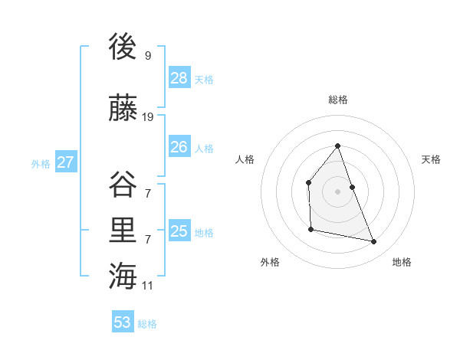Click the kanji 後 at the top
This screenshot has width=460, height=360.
pyautogui.click(x=123, y=47)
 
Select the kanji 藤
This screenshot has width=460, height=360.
pyautogui.click(x=123, y=109)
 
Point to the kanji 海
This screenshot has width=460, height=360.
pyautogui.click(x=123, y=275)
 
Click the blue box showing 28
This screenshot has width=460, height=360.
pyautogui.click(x=179, y=78)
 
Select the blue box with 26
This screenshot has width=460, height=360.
pyautogui.click(x=179, y=147)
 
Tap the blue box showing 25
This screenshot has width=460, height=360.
pyautogui.click(x=179, y=231)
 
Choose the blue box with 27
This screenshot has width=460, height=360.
pyautogui.click(x=66, y=162)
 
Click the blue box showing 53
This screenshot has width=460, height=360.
pyautogui.click(x=123, y=322)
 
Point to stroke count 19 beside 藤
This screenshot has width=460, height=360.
pyautogui.click(x=148, y=117)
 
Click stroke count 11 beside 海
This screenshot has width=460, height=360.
pyautogui.click(x=148, y=285)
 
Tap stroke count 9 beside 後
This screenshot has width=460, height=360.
pyautogui.click(x=147, y=56)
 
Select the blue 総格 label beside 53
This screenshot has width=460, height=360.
pyautogui.click(x=147, y=324)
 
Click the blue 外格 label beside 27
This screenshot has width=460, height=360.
pyautogui.click(x=41, y=163)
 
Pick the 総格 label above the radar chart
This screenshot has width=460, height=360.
pyautogui.click(x=338, y=100)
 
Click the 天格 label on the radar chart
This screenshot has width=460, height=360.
pyautogui.click(x=432, y=159)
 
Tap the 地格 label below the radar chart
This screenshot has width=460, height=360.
pyautogui.click(x=402, y=262)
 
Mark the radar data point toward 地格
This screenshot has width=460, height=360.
pyautogui.click(x=374, y=242)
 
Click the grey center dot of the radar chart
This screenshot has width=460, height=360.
pyautogui.click(x=338, y=191)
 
